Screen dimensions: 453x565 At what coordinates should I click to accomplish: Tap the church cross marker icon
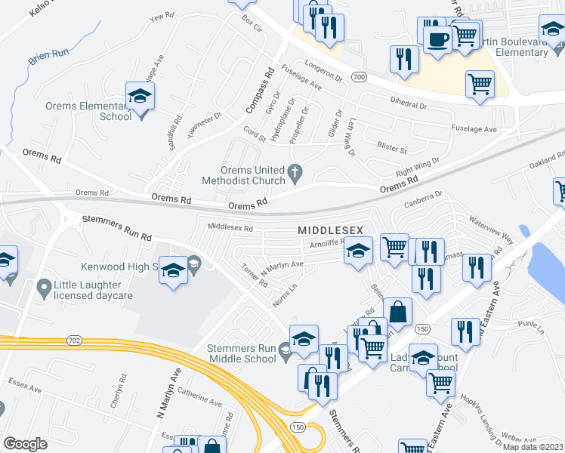point(298,175)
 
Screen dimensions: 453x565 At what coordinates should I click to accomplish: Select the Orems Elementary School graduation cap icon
point(140,97)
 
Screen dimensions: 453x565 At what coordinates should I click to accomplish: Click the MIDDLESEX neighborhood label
point(330,230)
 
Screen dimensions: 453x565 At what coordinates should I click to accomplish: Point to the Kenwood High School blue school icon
point(173,271)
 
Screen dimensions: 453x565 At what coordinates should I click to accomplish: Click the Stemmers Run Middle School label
point(242,353)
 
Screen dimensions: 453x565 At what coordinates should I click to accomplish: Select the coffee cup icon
point(437,37)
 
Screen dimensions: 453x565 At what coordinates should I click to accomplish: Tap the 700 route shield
point(360,77)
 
